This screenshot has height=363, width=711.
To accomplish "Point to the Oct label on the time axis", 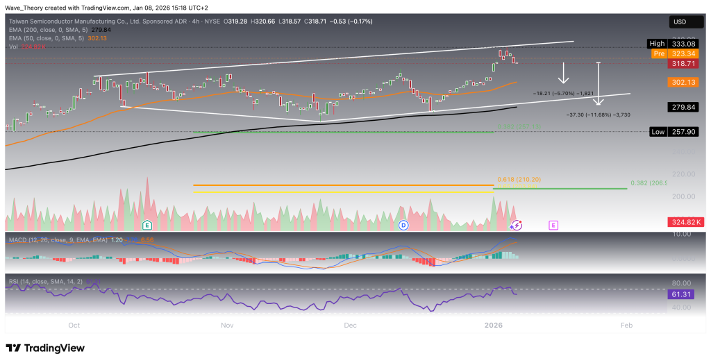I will (74, 325).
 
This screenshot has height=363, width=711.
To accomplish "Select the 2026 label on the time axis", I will (494, 325).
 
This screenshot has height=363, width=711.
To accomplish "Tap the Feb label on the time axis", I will (626, 325).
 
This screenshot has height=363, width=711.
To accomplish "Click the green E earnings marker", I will (147, 225).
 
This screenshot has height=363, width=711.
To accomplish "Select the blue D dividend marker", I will (403, 225).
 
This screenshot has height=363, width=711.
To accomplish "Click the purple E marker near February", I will (553, 225).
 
